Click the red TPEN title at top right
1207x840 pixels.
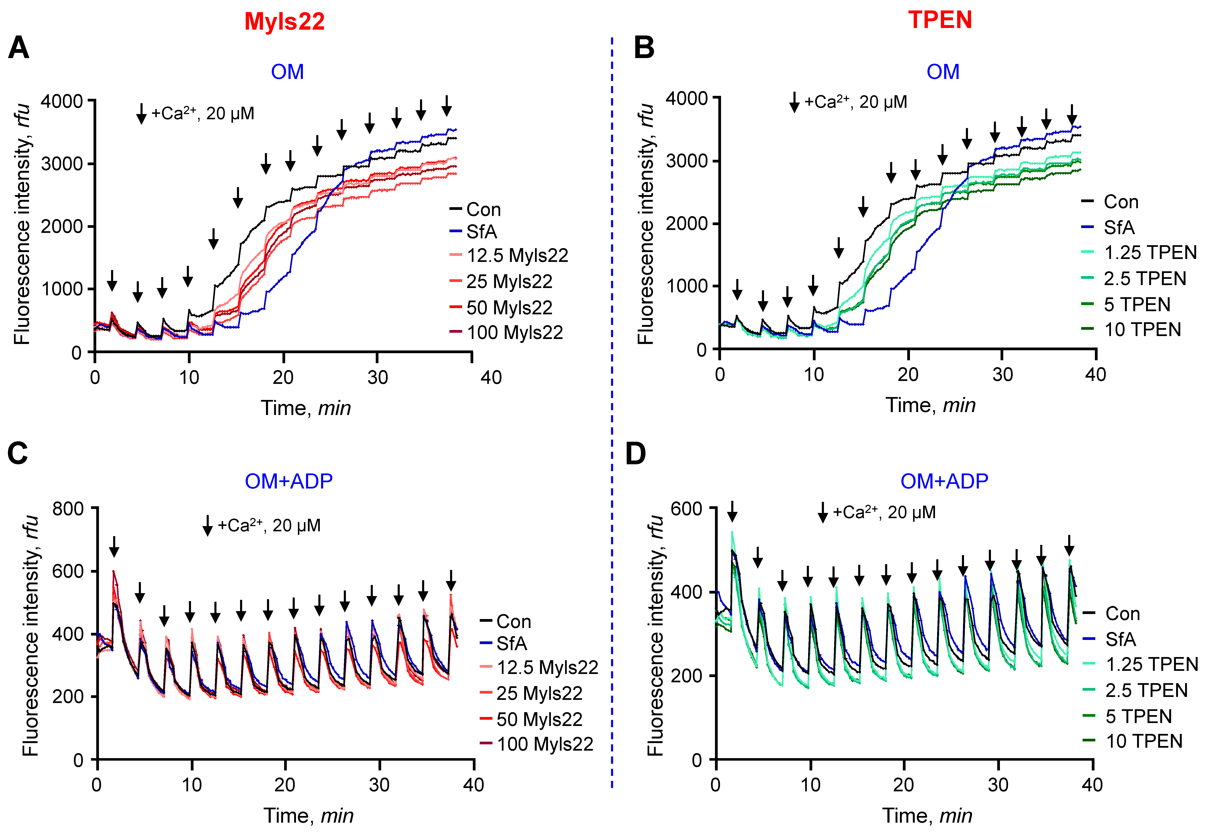point(940,20)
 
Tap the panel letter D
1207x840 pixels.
point(636,453)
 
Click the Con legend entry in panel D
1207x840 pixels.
point(1122,614)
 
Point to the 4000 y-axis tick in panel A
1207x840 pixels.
point(62,101)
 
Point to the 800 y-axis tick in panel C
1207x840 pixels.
point(68,509)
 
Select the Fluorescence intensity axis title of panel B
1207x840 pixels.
point(645,223)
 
